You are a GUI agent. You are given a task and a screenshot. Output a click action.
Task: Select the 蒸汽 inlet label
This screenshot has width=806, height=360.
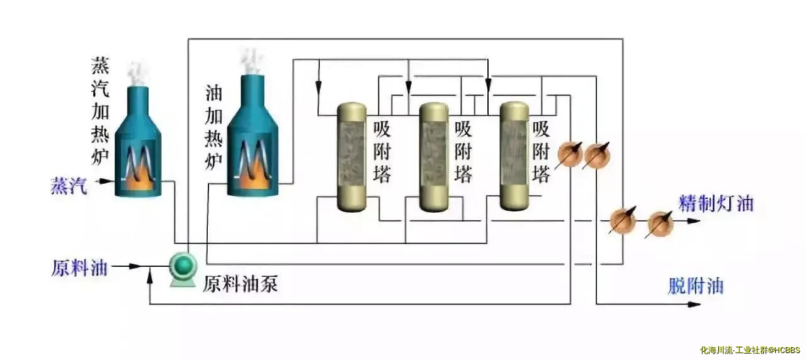click(x=69, y=186)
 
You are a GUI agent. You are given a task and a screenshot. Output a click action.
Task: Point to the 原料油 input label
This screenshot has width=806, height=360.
click(x=79, y=267)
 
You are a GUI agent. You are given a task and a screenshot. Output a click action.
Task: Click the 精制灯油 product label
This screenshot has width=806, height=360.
click(x=716, y=204)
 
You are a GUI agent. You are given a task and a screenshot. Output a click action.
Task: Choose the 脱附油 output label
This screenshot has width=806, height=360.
click(x=695, y=286)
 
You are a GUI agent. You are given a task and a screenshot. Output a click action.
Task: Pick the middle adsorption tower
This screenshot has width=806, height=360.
click(x=434, y=157)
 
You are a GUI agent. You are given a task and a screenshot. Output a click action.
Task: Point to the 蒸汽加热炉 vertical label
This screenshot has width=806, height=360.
click(x=101, y=110)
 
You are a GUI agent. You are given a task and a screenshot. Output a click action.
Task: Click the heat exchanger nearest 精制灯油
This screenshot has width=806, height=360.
click(x=660, y=223)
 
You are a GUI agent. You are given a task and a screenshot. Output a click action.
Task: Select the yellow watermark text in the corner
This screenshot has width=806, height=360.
click(x=749, y=350)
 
